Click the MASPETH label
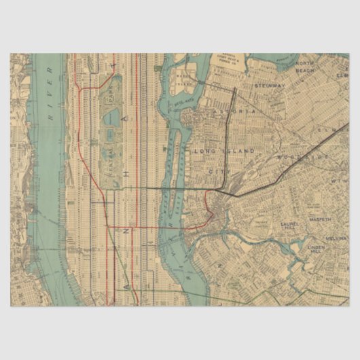pos(321,220)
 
